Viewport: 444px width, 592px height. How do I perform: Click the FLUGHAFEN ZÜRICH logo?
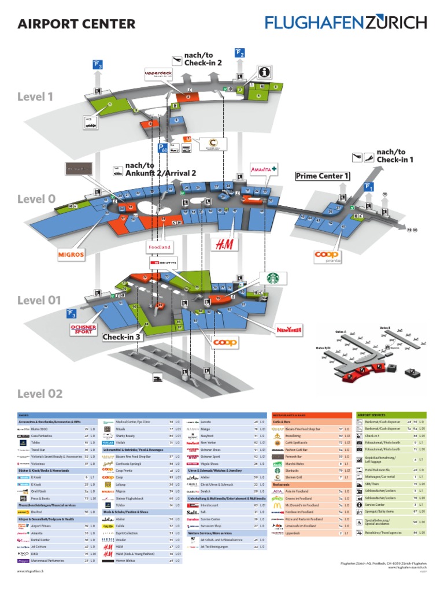tap(346, 23)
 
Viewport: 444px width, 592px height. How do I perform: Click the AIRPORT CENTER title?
tap(76, 24)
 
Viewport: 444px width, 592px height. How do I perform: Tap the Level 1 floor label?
tap(35, 97)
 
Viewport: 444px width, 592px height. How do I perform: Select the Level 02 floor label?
tap(39, 394)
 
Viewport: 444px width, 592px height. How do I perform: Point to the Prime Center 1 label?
tap(323, 176)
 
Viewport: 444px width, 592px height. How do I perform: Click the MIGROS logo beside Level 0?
tap(71, 253)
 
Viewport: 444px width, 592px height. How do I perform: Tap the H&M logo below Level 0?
tap(224, 245)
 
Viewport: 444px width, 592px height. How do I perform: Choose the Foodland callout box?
tap(160, 247)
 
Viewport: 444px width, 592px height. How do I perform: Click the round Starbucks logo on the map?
tap(276, 277)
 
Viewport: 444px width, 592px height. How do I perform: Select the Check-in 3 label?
tap(122, 337)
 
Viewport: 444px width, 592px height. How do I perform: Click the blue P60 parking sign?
tap(163, 149)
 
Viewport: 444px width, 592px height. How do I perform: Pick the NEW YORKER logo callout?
tap(290, 330)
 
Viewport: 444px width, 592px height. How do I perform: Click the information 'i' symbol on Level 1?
tap(264, 72)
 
